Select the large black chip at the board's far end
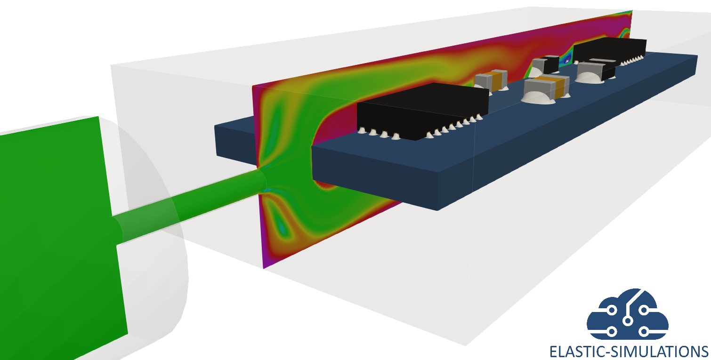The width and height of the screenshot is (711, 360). (610, 49)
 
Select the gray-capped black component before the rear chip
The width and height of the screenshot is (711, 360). (596, 71)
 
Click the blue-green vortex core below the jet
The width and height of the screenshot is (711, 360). (281, 226)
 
